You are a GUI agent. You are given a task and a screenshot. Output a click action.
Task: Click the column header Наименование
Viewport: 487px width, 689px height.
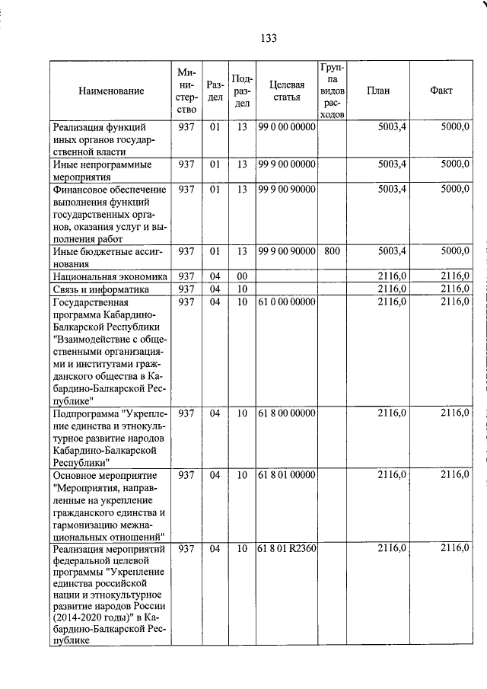[x=111, y=91]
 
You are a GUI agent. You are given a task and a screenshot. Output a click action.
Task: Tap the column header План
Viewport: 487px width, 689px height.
[x=378, y=90]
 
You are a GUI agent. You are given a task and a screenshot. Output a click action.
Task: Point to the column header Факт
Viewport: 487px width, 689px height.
[x=441, y=90]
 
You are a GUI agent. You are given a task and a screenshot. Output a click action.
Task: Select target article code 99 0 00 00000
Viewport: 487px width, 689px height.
[x=286, y=127]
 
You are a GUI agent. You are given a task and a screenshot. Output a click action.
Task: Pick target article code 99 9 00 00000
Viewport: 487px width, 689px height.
[x=286, y=164]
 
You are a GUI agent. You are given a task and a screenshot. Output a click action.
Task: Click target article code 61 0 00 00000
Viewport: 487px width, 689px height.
[x=286, y=302]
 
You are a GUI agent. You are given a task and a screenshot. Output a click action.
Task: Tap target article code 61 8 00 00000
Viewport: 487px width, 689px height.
[x=286, y=413]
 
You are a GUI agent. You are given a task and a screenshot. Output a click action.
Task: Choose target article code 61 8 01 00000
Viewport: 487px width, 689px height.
[x=286, y=475]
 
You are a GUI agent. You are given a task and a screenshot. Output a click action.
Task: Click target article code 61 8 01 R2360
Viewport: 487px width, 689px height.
[x=286, y=548]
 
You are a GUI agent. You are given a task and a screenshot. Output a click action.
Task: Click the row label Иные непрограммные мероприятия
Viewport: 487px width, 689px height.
[x=102, y=170]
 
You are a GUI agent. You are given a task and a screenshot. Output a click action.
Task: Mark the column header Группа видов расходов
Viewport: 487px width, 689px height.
[x=333, y=91]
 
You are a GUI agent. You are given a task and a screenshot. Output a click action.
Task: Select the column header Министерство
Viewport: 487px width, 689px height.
[x=186, y=91]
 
